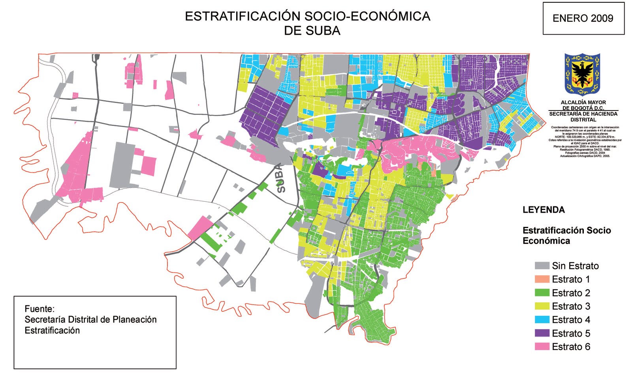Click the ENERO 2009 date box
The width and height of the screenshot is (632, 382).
point(583,18)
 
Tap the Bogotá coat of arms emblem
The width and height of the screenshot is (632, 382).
point(582,75)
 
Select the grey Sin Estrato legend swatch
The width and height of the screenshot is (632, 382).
point(542,266)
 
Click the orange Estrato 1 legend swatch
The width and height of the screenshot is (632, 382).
point(542,279)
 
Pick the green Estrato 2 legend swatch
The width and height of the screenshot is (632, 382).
point(542,293)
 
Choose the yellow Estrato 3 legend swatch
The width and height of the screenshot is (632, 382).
point(542,306)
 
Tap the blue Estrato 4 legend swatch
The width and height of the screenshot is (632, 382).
point(542,320)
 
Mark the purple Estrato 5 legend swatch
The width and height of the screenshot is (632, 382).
point(542,333)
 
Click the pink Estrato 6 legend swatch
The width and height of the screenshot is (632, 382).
point(542,346)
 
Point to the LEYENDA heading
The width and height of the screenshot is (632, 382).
point(544,210)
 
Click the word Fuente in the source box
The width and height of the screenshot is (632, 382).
point(39,309)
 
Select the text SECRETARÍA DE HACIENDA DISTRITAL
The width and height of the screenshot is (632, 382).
point(583,116)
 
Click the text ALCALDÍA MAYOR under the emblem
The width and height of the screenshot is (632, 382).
point(583,102)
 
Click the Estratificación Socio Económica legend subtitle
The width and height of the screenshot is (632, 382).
point(566,236)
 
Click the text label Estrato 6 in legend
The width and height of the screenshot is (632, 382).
point(571,346)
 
